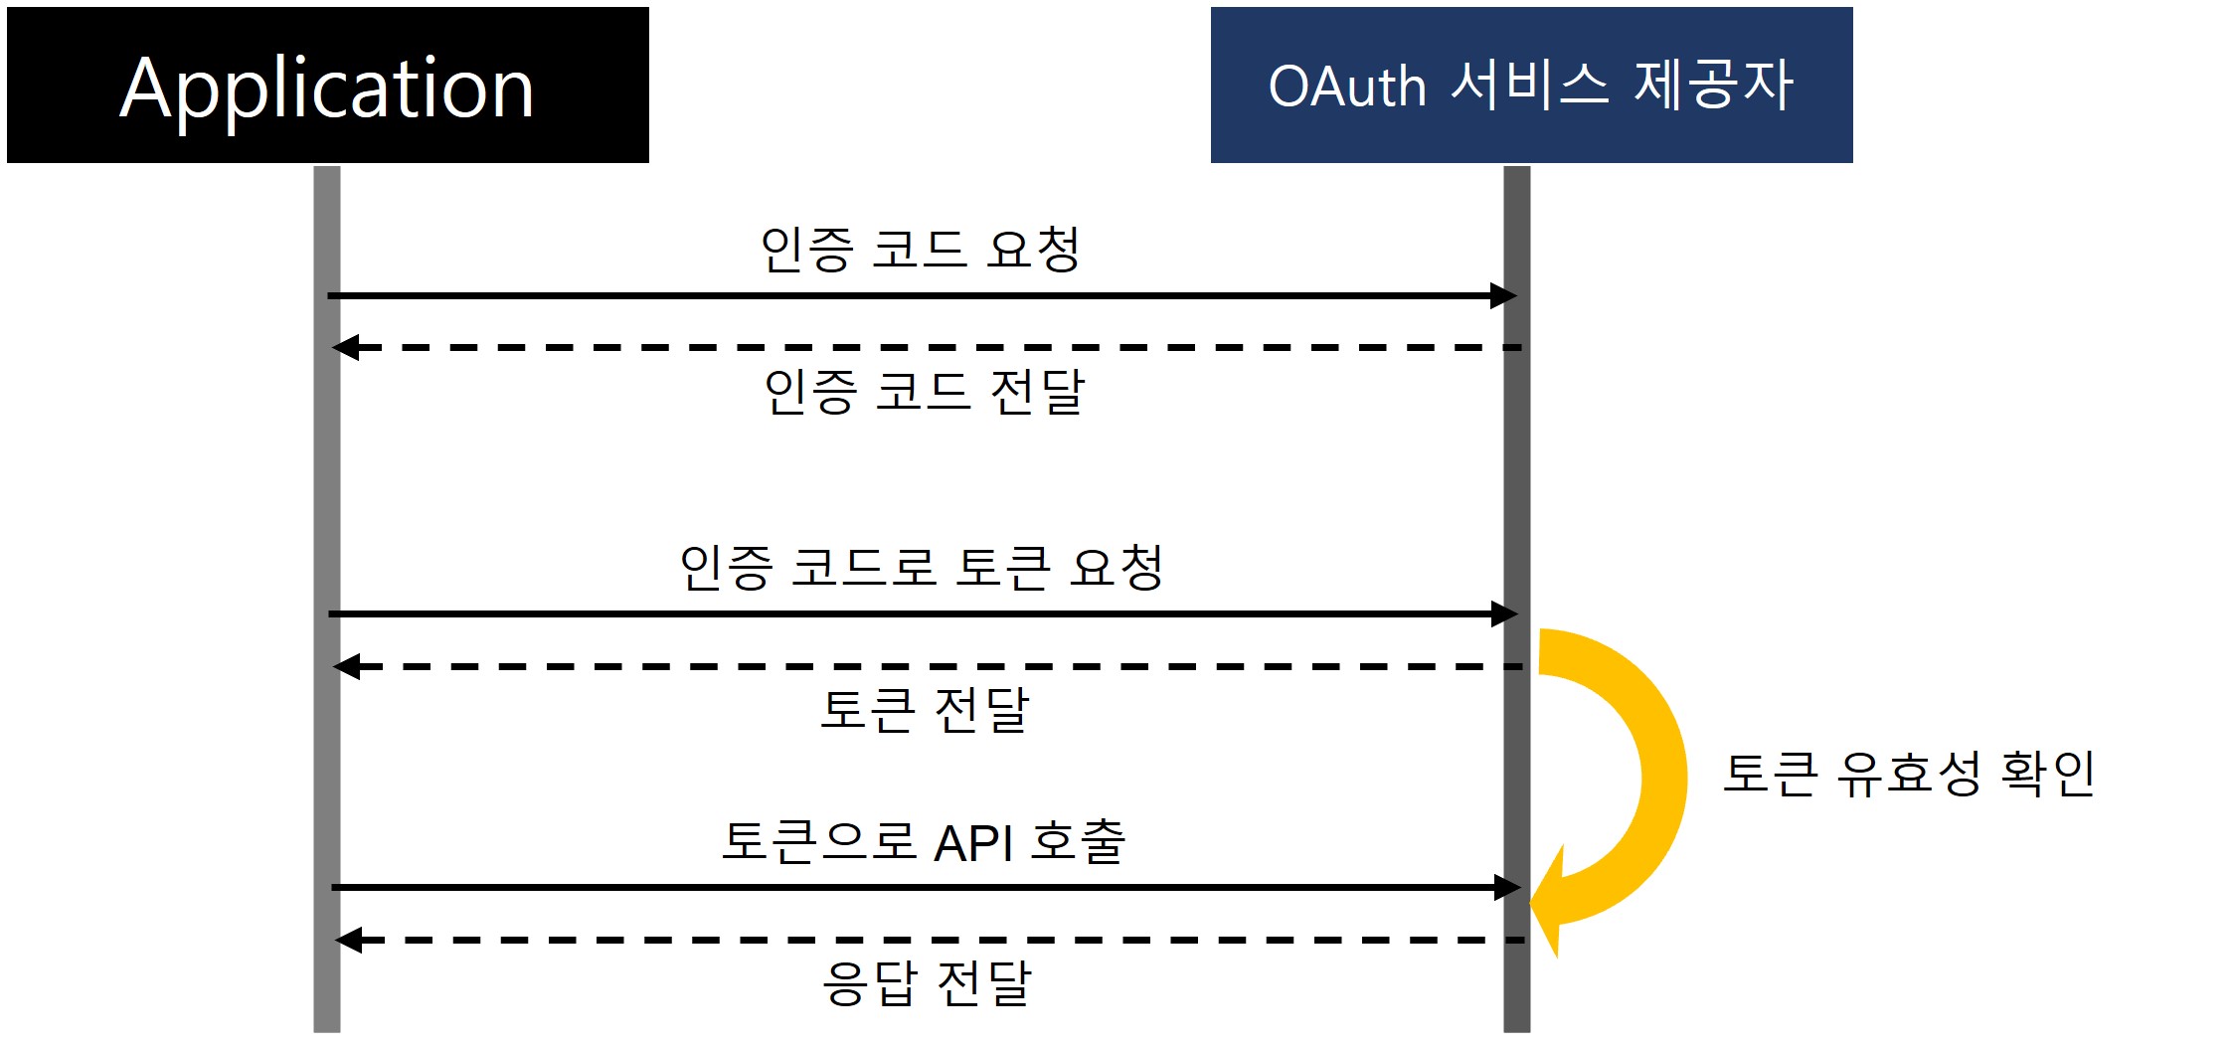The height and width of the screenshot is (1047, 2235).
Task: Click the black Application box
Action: click(327, 86)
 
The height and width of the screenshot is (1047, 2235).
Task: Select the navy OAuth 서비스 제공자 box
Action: click(1531, 86)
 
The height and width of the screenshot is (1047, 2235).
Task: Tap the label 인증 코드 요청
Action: click(920, 249)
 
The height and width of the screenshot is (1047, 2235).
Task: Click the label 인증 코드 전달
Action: click(924, 392)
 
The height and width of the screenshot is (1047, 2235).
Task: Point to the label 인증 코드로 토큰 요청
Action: click(921, 568)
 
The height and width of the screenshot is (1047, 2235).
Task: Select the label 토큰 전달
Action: click(924, 710)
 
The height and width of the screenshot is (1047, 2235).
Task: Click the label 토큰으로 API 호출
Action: click(924, 842)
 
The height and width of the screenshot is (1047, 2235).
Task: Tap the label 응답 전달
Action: click(927, 983)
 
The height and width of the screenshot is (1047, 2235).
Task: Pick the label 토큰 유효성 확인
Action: click(1909, 774)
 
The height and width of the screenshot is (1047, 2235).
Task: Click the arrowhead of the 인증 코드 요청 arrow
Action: click(1504, 295)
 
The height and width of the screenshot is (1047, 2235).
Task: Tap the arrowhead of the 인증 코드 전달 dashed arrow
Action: click(344, 348)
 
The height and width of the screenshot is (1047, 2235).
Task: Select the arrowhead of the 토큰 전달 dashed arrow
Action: click(345, 666)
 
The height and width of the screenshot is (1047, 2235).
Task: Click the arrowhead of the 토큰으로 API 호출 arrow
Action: click(1508, 887)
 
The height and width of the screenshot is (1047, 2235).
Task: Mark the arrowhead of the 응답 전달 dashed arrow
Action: click(347, 940)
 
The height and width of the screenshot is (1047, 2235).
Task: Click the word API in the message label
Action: click(974, 844)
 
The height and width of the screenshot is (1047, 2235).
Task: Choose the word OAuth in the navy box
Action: click(1347, 87)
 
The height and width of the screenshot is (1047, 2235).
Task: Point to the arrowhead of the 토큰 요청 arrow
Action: click(1505, 614)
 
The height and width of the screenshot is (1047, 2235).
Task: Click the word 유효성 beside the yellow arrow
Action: click(1908, 774)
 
